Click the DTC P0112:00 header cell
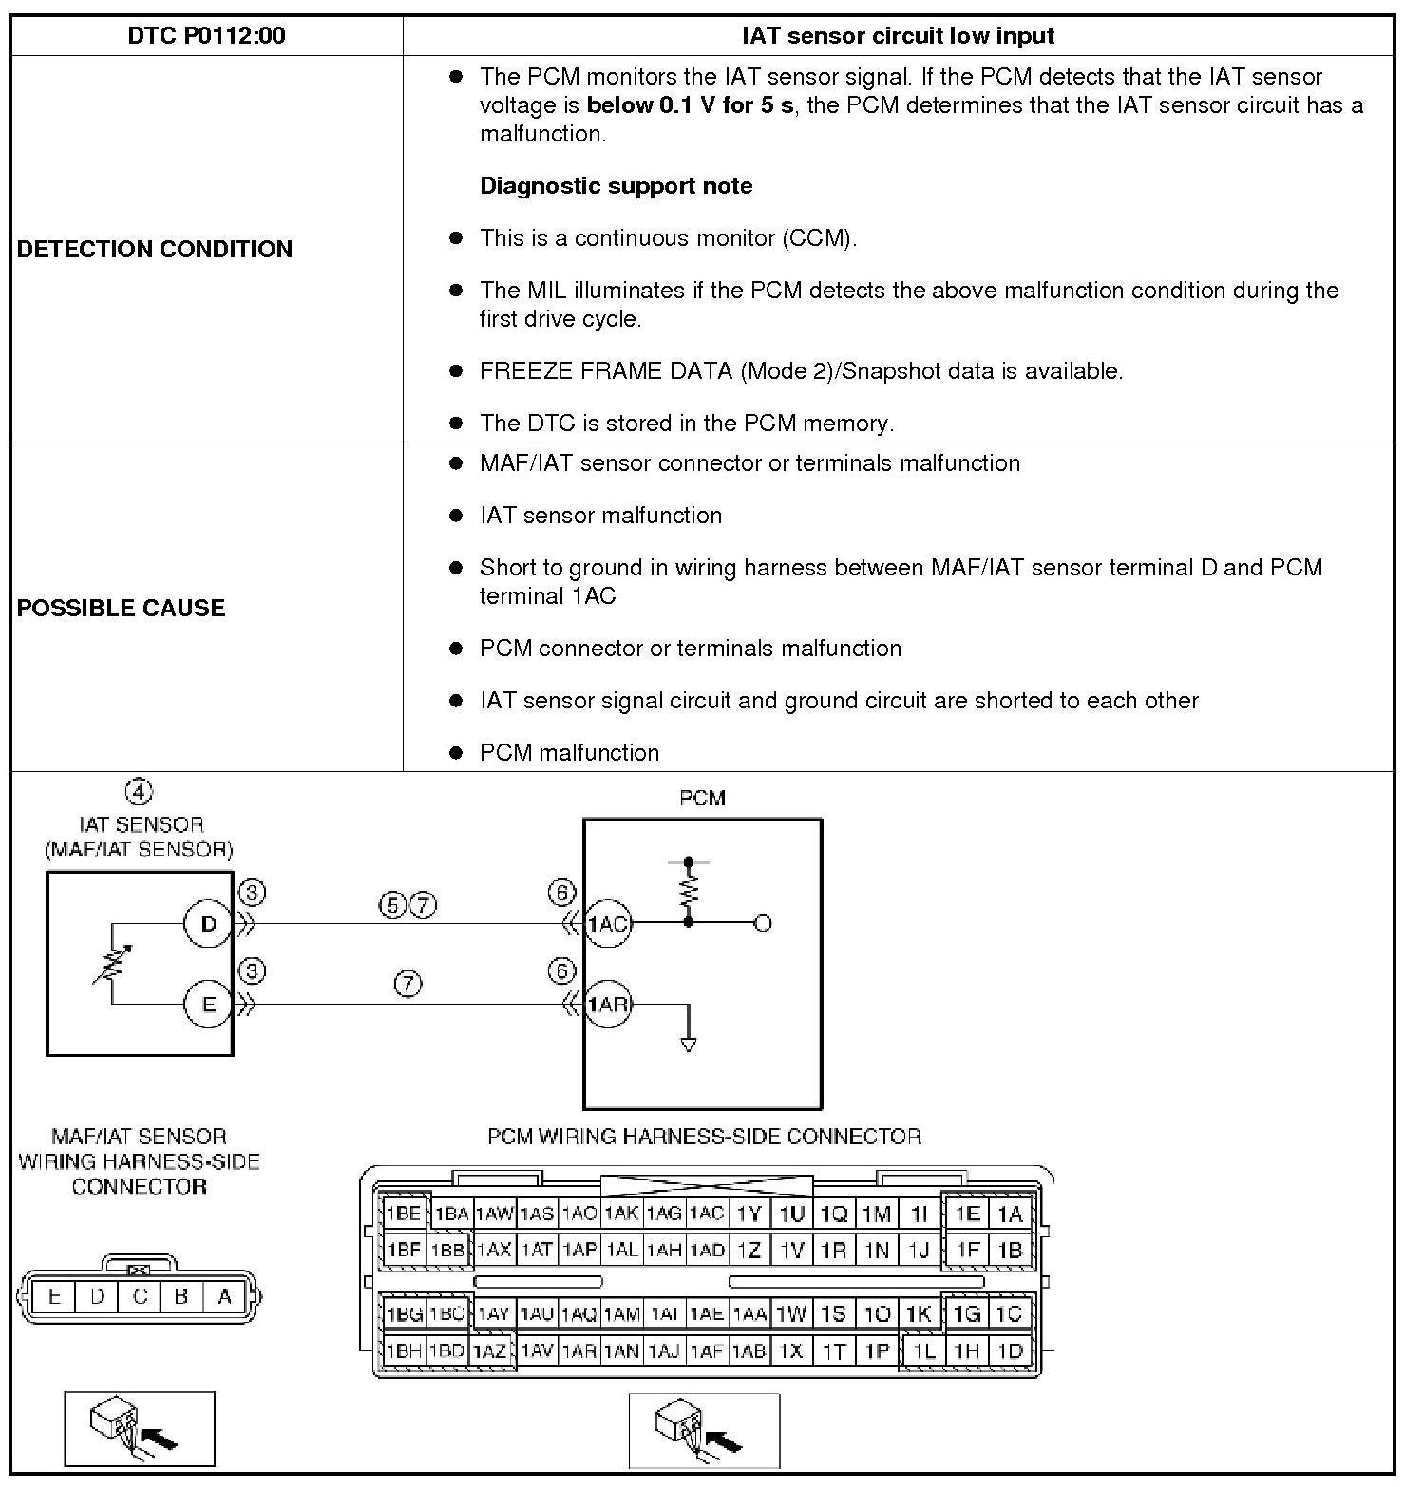pyautogui.click(x=206, y=36)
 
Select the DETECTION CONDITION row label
pyautogui.click(x=155, y=249)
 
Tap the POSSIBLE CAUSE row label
pyautogui.click(x=121, y=608)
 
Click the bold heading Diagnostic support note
pyautogui.click(x=616, y=185)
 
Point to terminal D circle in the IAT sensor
pyautogui.click(x=208, y=923)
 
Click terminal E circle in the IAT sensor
pyautogui.click(x=208, y=1004)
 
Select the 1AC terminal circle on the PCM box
pyautogui.click(x=606, y=923)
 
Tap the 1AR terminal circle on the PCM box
pyautogui.click(x=606, y=1004)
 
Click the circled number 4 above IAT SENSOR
pyautogui.click(x=139, y=791)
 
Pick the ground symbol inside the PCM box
pyautogui.click(x=689, y=1044)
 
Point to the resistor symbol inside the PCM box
pyautogui.click(x=689, y=891)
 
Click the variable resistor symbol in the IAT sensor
pyautogui.click(x=112, y=963)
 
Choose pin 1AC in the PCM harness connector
pyautogui.click(x=707, y=1213)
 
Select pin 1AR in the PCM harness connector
pyautogui.click(x=579, y=1350)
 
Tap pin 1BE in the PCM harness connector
pyautogui.click(x=404, y=1213)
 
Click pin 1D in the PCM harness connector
pyautogui.click(x=1010, y=1350)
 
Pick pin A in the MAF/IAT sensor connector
pyautogui.click(x=225, y=1296)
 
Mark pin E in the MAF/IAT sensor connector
pyautogui.click(x=54, y=1296)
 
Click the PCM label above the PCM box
pyautogui.click(x=702, y=798)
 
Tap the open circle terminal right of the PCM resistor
pyautogui.click(x=762, y=923)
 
